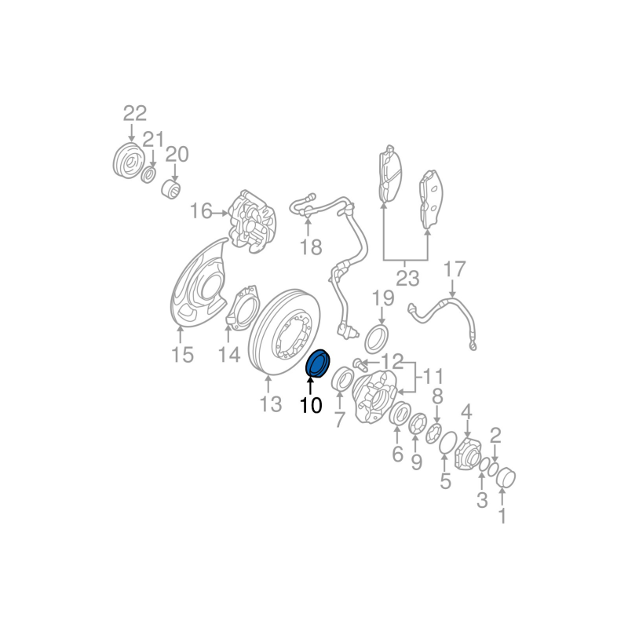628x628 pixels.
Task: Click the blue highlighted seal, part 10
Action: click(x=318, y=363)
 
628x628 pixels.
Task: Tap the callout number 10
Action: click(x=311, y=405)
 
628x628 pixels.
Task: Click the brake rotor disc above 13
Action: click(x=284, y=332)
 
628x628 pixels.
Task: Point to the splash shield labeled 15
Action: click(x=199, y=283)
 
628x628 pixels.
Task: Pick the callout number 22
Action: click(x=134, y=114)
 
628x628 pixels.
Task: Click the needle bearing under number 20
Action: click(x=171, y=189)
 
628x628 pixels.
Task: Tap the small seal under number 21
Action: click(x=148, y=175)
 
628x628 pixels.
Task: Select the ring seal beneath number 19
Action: click(x=377, y=340)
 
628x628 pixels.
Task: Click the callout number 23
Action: click(x=407, y=278)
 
